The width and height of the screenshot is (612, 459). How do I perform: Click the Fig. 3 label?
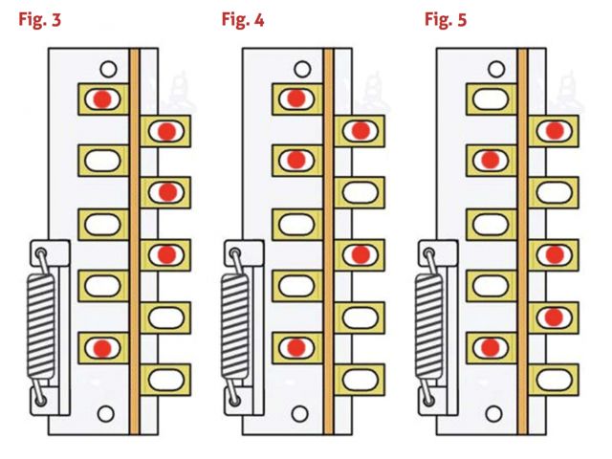pos(40,20)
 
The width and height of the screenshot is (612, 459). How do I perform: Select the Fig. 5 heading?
pos(446,20)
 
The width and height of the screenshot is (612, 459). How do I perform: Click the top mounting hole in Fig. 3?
pos(109,69)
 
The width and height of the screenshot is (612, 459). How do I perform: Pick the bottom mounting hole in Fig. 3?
pos(107,413)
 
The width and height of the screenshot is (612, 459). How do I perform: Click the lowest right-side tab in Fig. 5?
pos(554,377)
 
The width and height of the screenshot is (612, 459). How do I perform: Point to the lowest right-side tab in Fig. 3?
pos(166,377)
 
